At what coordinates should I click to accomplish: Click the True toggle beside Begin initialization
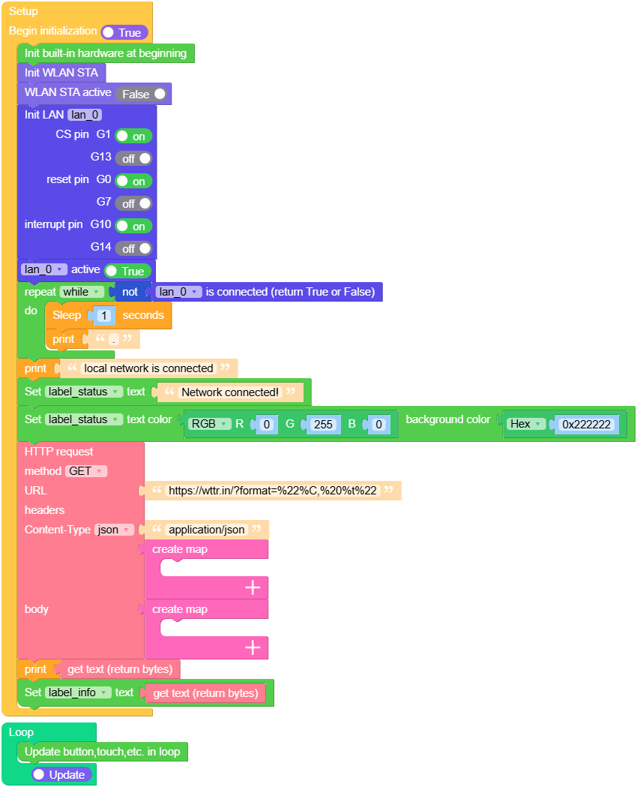[x=124, y=32]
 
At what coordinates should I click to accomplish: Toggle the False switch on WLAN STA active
[x=142, y=94]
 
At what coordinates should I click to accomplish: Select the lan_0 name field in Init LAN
[x=85, y=115]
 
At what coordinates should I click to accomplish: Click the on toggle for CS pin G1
[x=133, y=136]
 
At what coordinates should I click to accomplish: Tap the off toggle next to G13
[x=133, y=158]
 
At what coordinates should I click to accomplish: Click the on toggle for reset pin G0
[x=133, y=181]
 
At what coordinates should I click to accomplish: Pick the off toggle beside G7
[x=133, y=203]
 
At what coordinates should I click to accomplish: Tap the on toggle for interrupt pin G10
[x=133, y=226]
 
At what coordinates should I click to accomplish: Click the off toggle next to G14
[x=133, y=248]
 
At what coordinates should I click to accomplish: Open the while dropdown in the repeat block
[x=82, y=292]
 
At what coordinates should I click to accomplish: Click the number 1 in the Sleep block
[x=104, y=316]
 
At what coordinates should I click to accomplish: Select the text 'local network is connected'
[x=148, y=368]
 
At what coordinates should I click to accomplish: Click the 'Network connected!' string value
[x=230, y=392]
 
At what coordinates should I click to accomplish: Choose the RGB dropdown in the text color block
[x=209, y=424]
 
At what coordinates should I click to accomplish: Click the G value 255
[x=323, y=425]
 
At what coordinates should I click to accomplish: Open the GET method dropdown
[x=87, y=471]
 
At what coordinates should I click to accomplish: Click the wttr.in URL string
[x=273, y=491]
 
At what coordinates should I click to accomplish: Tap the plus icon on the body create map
[x=253, y=647]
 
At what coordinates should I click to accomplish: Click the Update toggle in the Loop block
[x=62, y=774]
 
